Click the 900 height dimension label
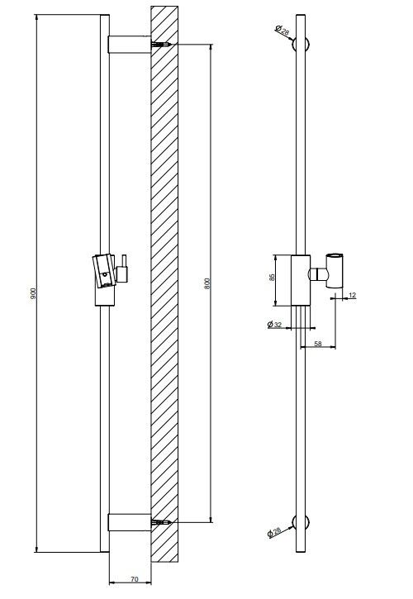33,293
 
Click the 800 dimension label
207,283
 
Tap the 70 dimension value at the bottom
135,579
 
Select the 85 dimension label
272,278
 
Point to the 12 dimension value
352,295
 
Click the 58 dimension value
318,344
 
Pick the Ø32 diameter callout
274,325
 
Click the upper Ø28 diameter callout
282,31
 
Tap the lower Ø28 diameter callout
274,532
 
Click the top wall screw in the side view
160,45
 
